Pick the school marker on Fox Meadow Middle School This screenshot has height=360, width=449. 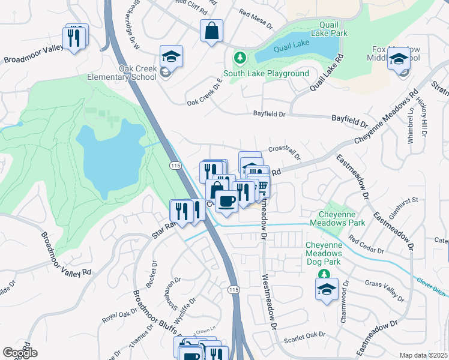(398, 59)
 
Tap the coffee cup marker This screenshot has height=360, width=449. (226, 200)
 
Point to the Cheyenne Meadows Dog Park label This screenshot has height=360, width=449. (324, 254)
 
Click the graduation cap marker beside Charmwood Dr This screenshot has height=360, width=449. (326, 289)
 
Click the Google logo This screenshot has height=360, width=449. (20, 352)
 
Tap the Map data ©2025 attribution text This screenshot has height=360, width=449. (423, 355)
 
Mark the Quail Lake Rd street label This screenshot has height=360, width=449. (326, 72)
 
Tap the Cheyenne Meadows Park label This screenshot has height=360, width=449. (337, 218)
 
